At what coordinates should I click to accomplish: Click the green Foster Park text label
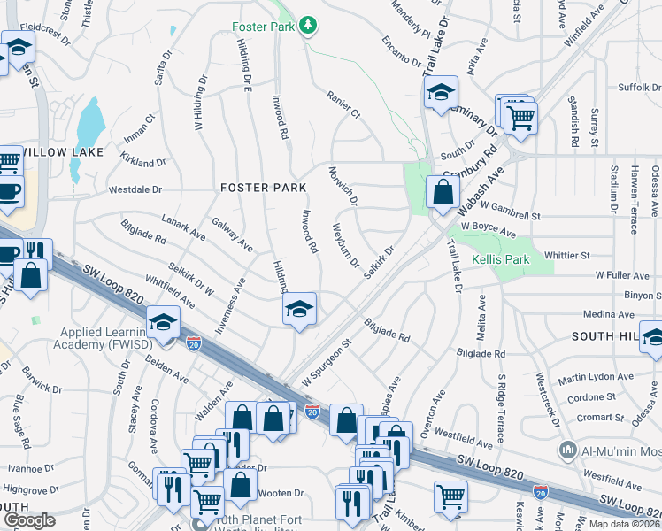coord(263,27)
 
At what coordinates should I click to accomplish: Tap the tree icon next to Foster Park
coord(307,26)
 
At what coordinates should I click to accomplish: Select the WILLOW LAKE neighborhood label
coord(62,152)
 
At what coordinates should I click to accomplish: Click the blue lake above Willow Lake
coord(89,125)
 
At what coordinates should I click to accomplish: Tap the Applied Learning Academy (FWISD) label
coord(99,340)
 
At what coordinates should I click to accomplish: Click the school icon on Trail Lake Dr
coord(440,92)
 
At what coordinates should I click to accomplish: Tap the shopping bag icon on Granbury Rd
coord(442,190)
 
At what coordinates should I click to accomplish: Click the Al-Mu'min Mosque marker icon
coord(568,451)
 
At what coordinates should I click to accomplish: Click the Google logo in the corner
coord(29,519)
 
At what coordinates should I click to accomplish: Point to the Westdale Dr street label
coord(135,189)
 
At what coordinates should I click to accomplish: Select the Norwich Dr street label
coord(343,186)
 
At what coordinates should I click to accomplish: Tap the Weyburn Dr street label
coord(345,245)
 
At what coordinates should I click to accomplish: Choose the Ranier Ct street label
coord(343,104)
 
